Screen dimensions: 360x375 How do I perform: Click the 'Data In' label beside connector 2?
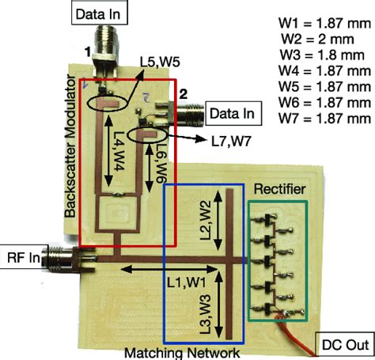[x=229, y=113]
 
